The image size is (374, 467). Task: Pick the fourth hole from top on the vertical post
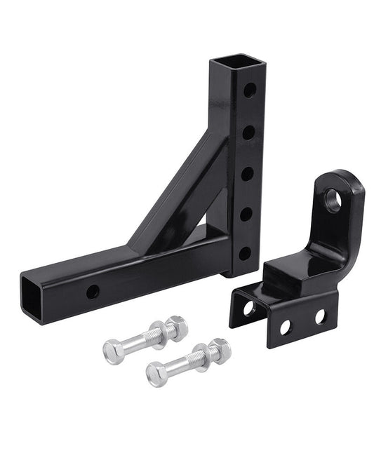pyautogui.click(x=245, y=212)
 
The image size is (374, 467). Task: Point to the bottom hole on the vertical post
pyautogui.click(x=245, y=252)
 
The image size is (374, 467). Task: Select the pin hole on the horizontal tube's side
pyautogui.click(x=93, y=292)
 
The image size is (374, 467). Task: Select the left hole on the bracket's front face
pyautogui.click(x=286, y=326)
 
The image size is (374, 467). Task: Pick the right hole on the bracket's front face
pyautogui.click(x=320, y=317)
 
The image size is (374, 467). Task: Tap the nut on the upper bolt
pyautogui.click(x=176, y=327)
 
